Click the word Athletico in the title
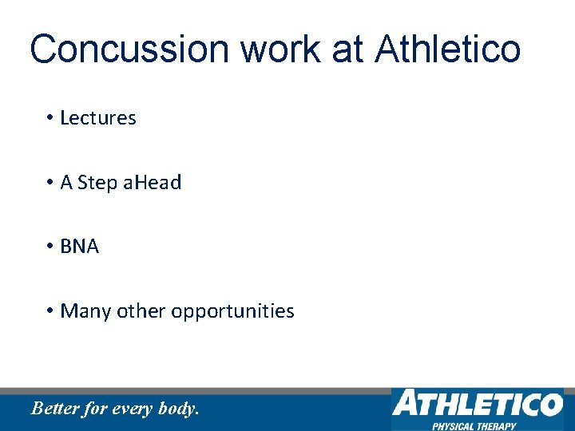click(x=448, y=49)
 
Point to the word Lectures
click(x=98, y=118)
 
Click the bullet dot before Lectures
click(x=50, y=118)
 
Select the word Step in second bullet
click(x=98, y=183)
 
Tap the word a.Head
click(x=153, y=183)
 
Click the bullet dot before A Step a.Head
click(x=50, y=183)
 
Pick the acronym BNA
click(x=80, y=247)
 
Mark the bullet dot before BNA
click(x=50, y=247)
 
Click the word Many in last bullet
click(x=85, y=311)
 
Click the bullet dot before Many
click(x=50, y=311)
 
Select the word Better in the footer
click(x=54, y=409)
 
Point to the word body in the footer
click(x=176, y=409)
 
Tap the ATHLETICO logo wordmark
click(x=477, y=403)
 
